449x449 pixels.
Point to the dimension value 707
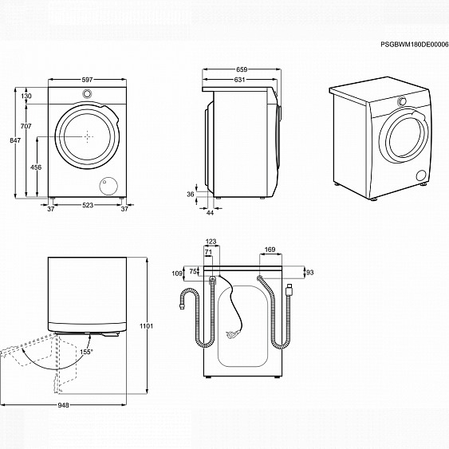pyautogui.click(x=26, y=127)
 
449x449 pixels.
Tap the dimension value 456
pyautogui.click(x=36, y=167)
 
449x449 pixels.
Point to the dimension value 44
pyautogui.click(x=210, y=212)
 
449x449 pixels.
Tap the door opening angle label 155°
pyautogui.click(x=85, y=351)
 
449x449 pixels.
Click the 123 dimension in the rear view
pyautogui.click(x=211, y=241)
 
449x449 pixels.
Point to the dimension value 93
pyautogui.click(x=310, y=273)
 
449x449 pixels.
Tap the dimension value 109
pyautogui.click(x=177, y=274)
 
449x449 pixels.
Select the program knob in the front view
pyautogui.click(x=86, y=94)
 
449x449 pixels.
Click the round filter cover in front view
pyautogui.click(x=104, y=185)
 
